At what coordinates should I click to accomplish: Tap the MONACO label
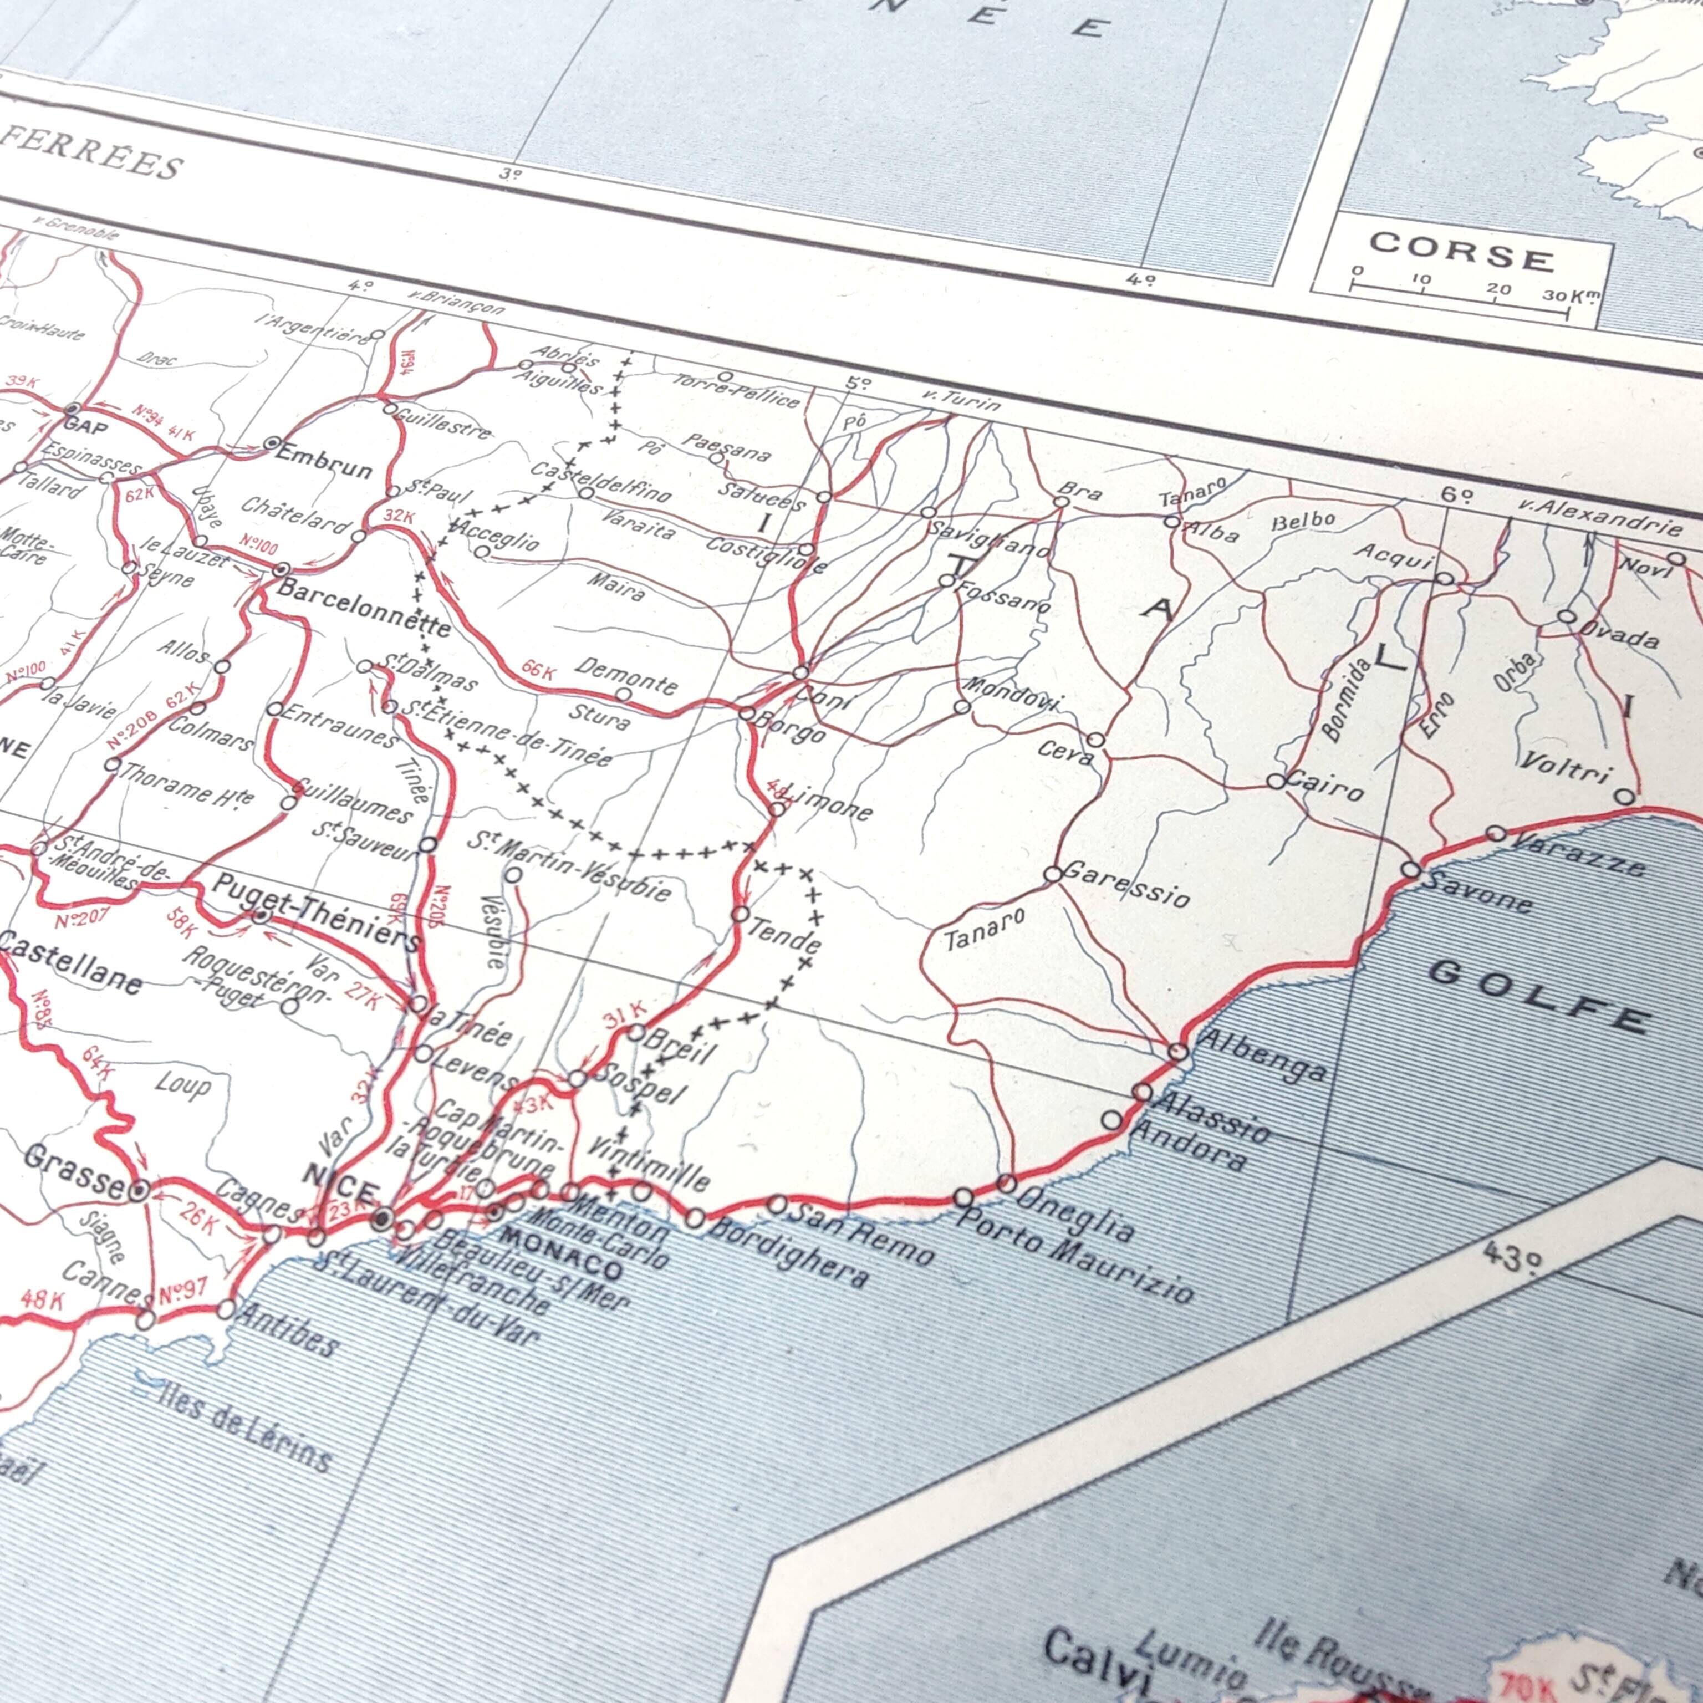(560, 1250)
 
